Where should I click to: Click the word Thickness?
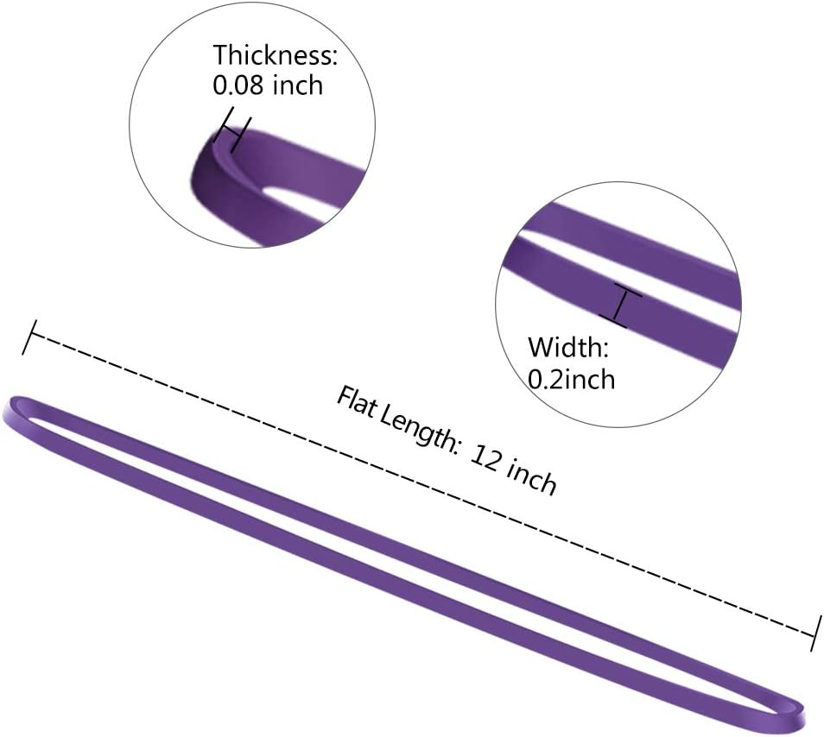point(271,54)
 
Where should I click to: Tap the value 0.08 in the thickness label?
point(238,85)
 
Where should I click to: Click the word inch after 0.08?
point(298,85)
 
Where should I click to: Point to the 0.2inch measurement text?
point(571,379)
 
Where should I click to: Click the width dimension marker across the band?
point(620,307)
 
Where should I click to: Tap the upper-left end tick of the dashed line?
point(29,337)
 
